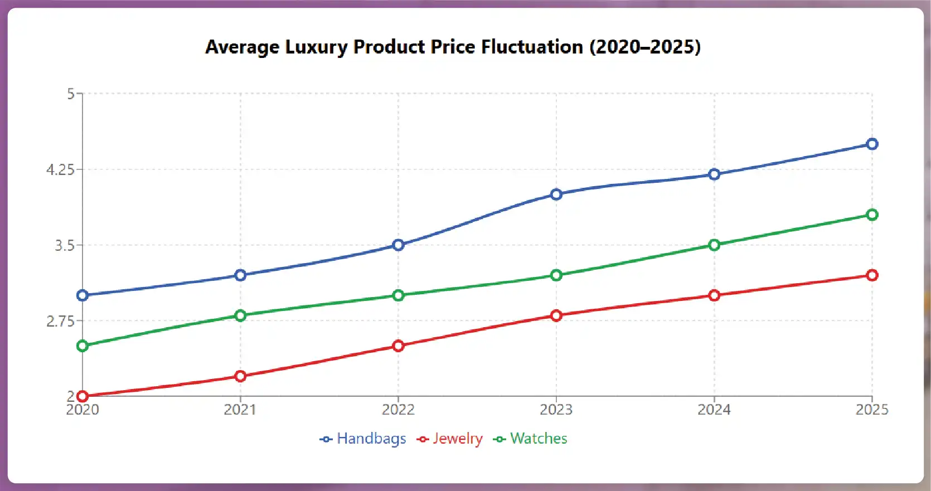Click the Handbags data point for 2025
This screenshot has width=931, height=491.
[x=872, y=144]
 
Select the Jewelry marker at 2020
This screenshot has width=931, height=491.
[x=83, y=396]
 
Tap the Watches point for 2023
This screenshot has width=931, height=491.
[x=556, y=275]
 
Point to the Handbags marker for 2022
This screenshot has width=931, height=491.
[x=398, y=245]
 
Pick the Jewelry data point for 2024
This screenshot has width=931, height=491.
[x=714, y=295]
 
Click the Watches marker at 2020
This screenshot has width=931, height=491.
[x=83, y=346]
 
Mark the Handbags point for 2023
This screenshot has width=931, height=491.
[x=556, y=195]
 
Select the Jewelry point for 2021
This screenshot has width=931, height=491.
[x=240, y=376]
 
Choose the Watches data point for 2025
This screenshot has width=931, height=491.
[x=872, y=215]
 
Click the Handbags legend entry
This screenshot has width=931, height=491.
[x=363, y=439]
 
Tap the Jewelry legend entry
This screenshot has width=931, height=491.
[x=450, y=439]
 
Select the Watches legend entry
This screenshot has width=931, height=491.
[x=531, y=439]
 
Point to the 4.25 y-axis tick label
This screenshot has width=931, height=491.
[x=60, y=169]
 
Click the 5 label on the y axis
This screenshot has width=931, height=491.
[x=71, y=94]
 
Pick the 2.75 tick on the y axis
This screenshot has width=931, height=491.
[x=60, y=321]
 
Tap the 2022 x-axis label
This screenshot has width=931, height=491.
[x=398, y=410]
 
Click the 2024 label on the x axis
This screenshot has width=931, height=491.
[x=714, y=410]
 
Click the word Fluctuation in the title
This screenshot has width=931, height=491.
[x=532, y=47]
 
